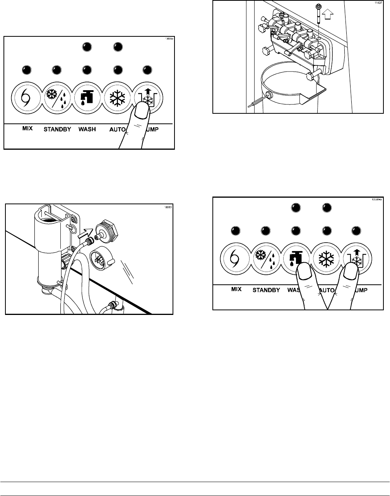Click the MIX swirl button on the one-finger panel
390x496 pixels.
[x=25, y=96]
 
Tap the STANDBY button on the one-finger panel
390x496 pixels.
[x=56, y=96]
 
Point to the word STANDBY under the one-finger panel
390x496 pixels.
[x=56, y=129]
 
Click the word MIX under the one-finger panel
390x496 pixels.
[x=27, y=128]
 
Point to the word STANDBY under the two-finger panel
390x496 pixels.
[x=266, y=290]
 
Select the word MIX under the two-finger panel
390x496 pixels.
[x=236, y=289]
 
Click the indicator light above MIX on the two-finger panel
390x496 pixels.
[x=235, y=231]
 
